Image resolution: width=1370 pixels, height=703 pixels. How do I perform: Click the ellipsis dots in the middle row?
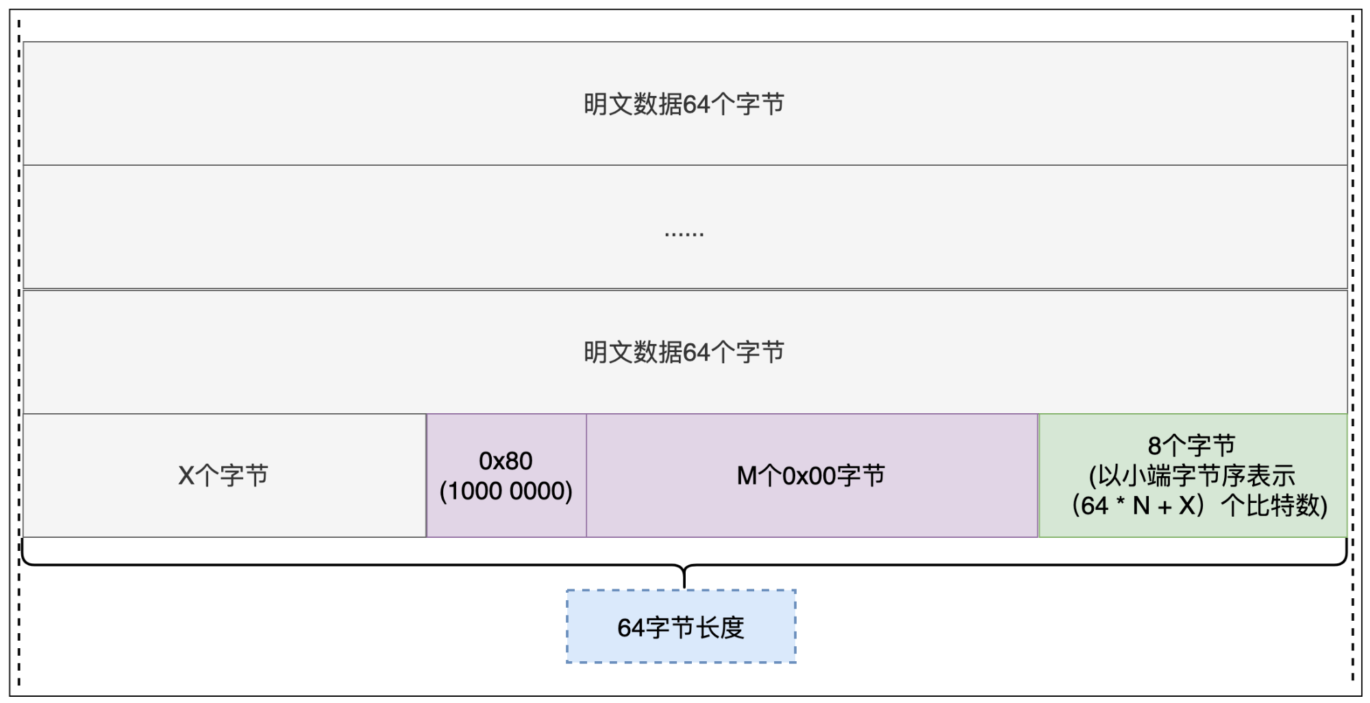pos(684,234)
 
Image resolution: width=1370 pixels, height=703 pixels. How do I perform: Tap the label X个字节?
pos(223,476)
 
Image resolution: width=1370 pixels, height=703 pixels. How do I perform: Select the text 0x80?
pos(506,461)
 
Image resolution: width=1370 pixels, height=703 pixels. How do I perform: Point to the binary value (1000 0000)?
pos(506,491)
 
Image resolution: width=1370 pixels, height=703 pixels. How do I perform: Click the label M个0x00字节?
pos(811,476)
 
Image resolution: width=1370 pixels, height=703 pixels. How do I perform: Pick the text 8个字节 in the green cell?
pos(1192,445)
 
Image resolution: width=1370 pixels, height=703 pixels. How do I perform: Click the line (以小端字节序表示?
pos(1192,476)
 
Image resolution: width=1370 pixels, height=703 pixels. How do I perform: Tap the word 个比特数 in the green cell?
pos(1274,506)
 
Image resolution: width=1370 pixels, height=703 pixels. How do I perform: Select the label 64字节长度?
pos(681,628)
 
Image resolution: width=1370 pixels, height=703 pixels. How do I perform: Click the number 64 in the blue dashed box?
pos(630,628)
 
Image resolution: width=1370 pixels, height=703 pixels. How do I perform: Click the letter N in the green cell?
pos(1141,506)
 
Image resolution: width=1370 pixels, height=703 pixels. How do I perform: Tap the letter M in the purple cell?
pos(747,476)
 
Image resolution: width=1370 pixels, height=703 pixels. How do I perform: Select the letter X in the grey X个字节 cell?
pos(186,476)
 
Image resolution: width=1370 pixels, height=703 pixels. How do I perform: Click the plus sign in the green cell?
pos(1164,507)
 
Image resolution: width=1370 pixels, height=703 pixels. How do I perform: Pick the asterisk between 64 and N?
pos(1121,502)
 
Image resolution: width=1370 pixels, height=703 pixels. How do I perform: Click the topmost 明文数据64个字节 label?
pos(684,104)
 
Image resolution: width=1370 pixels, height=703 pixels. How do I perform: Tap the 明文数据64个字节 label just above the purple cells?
pos(684,352)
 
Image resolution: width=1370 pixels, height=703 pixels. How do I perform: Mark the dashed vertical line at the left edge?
pos(19,353)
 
